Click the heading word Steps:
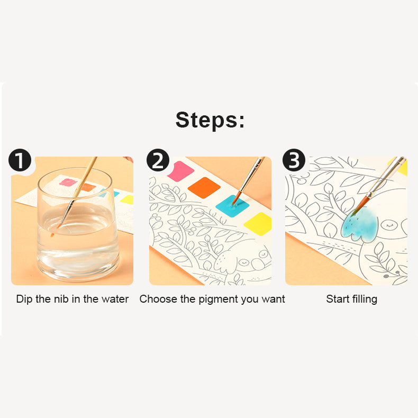[210, 120]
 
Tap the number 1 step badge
[20, 160]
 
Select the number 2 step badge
[158, 160]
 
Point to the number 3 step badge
[294, 160]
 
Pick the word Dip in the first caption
[24, 299]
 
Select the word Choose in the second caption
[158, 299]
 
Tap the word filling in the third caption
[365, 299]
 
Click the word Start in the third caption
[337, 299]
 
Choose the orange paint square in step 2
[204, 187]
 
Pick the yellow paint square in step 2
[258, 223]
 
